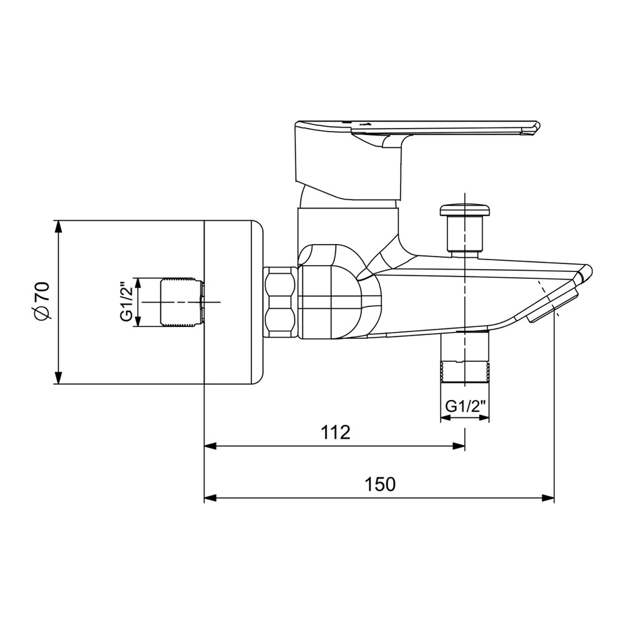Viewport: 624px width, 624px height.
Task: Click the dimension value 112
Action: tap(336, 432)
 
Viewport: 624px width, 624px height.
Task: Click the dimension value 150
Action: tap(381, 484)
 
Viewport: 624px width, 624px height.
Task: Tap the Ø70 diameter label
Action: tap(41, 301)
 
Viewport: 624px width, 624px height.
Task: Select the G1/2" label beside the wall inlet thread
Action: tap(127, 302)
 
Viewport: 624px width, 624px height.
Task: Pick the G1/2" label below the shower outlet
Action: tap(466, 406)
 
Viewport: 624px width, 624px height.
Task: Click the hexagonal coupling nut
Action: tap(280, 303)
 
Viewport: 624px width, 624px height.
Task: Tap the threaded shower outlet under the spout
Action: tap(464, 358)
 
